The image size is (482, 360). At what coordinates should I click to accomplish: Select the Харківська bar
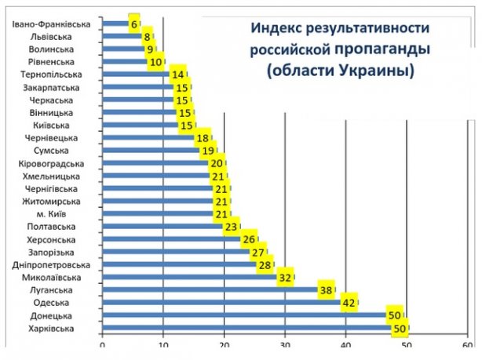pyautogui.click(x=251, y=328)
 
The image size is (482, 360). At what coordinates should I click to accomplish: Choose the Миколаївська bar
pyautogui.click(x=188, y=277)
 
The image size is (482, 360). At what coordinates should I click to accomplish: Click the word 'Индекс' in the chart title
pyautogui.click(x=276, y=29)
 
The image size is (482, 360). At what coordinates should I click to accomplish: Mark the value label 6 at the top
pyautogui.click(x=134, y=24)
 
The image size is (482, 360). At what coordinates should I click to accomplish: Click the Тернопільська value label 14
pyautogui.click(x=178, y=75)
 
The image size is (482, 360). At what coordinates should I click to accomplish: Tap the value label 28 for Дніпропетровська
pyautogui.click(x=265, y=264)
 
